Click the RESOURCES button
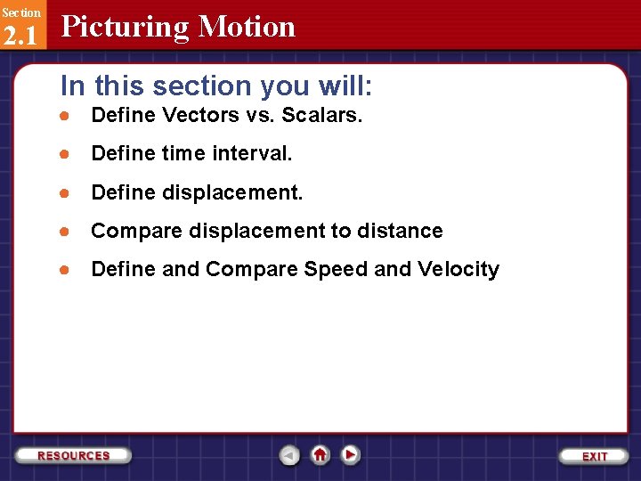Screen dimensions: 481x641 (x=74, y=455)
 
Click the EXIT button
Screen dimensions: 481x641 (x=594, y=456)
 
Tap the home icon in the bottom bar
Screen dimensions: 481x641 (x=320, y=454)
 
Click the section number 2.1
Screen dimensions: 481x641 (x=20, y=35)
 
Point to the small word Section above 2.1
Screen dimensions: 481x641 (x=20, y=12)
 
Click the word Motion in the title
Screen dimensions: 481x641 (x=247, y=27)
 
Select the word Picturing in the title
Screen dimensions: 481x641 (x=125, y=27)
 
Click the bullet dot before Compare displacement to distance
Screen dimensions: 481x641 (x=65, y=232)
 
